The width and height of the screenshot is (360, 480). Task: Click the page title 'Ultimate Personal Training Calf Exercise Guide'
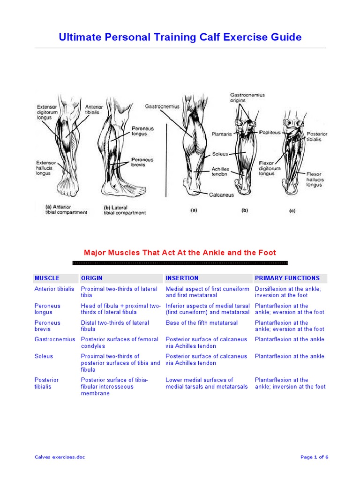coord(180,37)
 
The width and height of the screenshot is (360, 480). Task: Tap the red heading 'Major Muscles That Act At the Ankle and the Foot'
coord(180,253)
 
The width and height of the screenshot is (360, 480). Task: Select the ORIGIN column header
coord(91,278)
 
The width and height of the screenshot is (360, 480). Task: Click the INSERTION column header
coord(182,278)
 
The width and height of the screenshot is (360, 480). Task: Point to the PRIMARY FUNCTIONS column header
coord(287,278)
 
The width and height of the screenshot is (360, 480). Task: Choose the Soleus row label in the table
coord(44,356)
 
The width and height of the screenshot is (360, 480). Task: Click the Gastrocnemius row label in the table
coord(54,339)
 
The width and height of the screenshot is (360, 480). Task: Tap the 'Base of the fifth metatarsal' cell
coord(202,322)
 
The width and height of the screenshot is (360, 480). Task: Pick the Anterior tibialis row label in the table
coord(54,289)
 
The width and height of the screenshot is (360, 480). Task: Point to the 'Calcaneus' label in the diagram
coord(222,195)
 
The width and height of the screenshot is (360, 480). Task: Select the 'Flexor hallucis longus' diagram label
coord(315,179)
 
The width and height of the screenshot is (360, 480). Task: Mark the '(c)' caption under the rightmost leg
coord(292,210)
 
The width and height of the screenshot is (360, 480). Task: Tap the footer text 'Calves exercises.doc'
coord(60,457)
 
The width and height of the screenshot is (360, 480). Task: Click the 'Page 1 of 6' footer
coord(314,457)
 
